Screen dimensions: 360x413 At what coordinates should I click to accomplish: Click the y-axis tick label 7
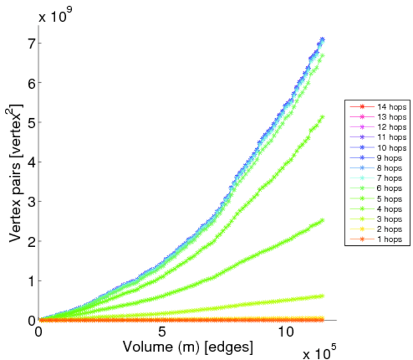tap(29, 43)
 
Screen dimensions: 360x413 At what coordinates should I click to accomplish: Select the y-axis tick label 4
tap(29, 162)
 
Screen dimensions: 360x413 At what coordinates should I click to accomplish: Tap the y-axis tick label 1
tap(29, 281)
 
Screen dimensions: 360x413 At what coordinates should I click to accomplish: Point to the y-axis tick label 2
tap(29, 241)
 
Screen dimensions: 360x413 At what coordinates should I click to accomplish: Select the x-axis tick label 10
tap(285, 332)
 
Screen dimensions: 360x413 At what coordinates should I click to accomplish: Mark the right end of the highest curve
tap(322, 40)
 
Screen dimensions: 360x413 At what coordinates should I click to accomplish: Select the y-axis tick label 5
tap(29, 122)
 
